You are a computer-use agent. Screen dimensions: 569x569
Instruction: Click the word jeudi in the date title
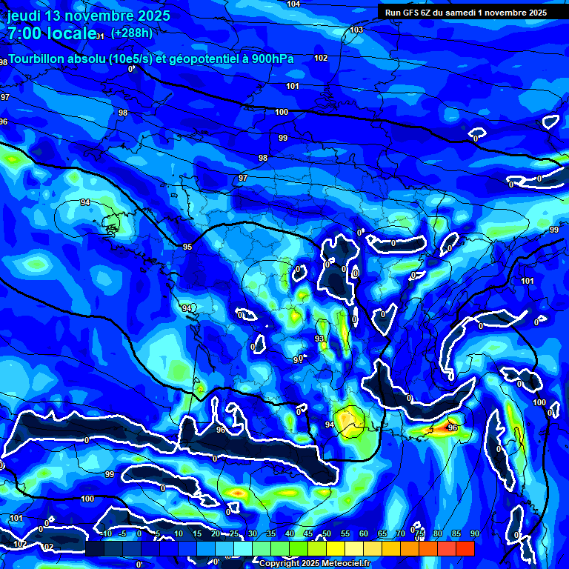point(24,16)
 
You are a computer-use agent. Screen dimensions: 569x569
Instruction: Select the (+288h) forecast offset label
point(132,33)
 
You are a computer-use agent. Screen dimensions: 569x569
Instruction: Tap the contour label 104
point(293,4)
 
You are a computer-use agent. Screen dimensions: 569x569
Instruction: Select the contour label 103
point(356,30)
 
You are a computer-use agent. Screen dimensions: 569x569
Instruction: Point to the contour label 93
point(319,339)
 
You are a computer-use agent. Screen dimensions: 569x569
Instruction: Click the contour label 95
point(187,247)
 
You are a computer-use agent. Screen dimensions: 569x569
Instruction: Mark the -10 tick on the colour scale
point(105,534)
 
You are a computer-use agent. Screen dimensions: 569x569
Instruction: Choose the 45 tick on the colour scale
point(308,534)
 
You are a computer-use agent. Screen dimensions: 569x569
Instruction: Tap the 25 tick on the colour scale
point(234,534)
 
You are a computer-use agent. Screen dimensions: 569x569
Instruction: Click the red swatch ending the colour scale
point(465,548)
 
